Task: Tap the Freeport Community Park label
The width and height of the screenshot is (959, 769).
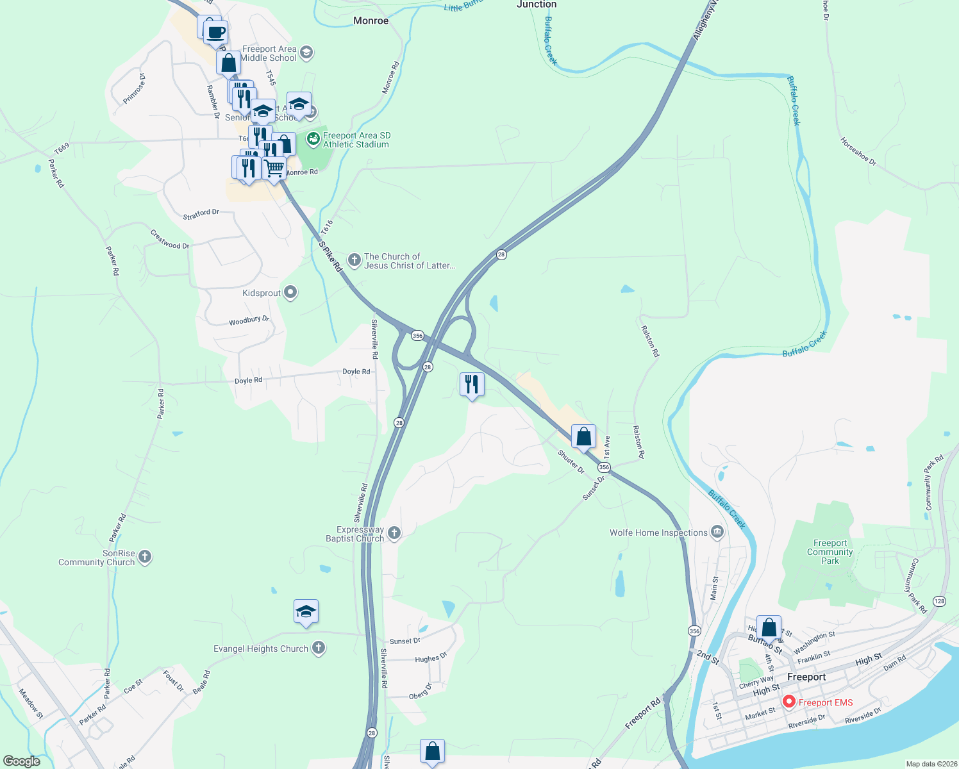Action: [x=830, y=552]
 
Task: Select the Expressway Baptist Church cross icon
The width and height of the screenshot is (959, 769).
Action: [x=394, y=533]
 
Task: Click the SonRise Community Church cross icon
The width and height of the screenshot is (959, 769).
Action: [x=145, y=556]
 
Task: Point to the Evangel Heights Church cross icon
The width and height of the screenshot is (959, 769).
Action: [x=318, y=648]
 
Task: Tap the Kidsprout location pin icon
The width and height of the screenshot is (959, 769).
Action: [x=290, y=293]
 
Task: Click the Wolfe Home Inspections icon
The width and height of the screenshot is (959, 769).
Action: [x=717, y=532]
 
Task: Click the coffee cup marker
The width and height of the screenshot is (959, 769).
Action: [x=216, y=32]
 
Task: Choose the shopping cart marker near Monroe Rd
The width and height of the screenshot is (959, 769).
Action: [x=274, y=169]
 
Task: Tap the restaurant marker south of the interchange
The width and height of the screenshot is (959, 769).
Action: [x=472, y=384]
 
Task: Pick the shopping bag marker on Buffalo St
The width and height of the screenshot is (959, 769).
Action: [x=769, y=627]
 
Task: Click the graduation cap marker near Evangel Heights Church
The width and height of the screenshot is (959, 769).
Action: [x=306, y=612]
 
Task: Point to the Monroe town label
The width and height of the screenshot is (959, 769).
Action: [x=371, y=21]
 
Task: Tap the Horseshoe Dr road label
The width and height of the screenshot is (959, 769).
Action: [x=858, y=151]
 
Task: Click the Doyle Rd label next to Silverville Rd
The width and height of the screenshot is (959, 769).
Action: [x=356, y=372]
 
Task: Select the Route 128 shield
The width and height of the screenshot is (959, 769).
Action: [x=939, y=601]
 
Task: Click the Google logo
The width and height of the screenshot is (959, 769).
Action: [x=22, y=761]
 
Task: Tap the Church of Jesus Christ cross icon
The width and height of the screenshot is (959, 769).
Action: [x=354, y=260]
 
